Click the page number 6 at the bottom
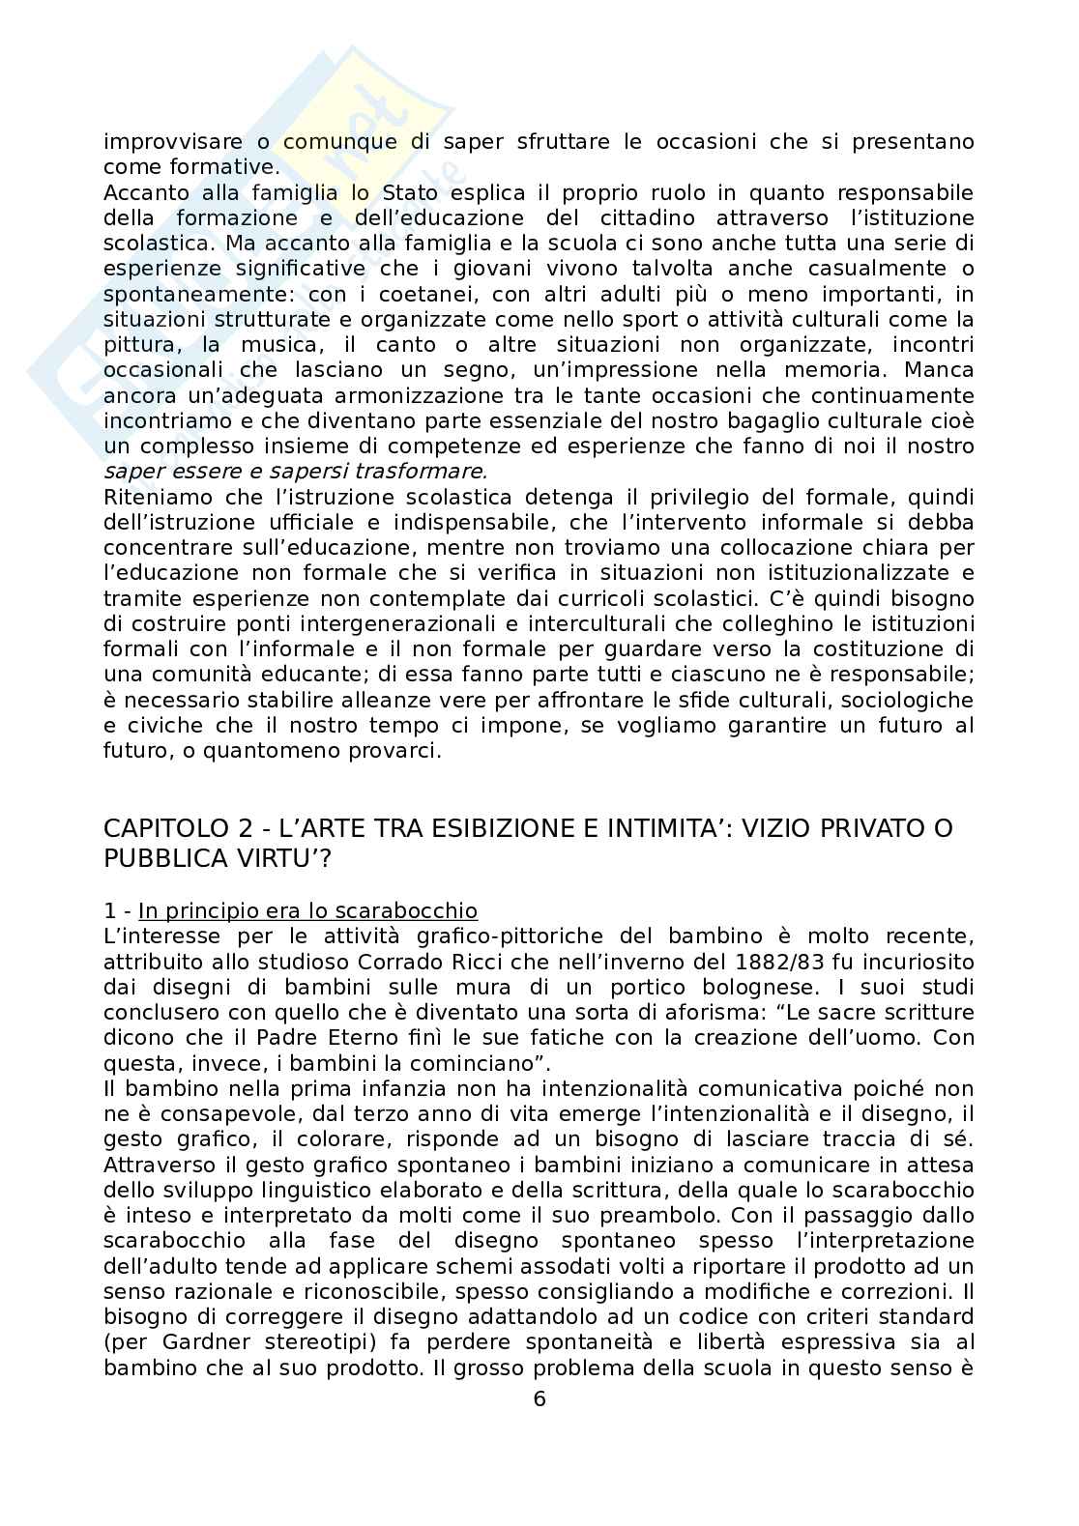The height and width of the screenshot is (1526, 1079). point(539,1398)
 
